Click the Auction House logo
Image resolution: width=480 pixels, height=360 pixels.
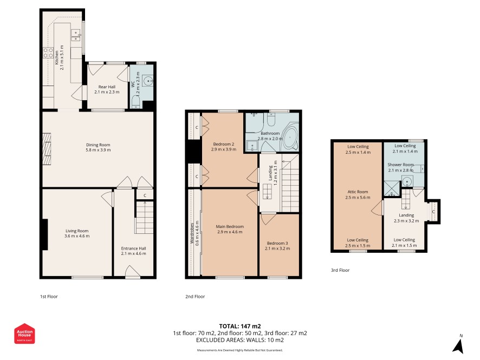[24, 333]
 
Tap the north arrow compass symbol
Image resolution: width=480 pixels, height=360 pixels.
[458, 345]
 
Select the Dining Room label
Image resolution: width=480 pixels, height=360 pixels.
[98, 145]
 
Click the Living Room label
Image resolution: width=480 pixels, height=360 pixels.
[77, 231]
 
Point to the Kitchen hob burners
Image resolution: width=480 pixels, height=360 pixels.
[48, 53]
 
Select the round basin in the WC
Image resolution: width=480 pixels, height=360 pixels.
[149, 81]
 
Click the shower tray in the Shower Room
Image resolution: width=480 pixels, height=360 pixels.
[392, 189]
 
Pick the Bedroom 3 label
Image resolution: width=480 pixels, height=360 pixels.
[277, 243]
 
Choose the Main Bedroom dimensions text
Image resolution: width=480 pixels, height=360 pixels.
[230, 232]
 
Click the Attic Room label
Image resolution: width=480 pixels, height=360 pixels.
[358, 192]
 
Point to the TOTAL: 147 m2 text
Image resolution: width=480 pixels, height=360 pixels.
[240, 326]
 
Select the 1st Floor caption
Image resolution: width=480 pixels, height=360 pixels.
[49, 296]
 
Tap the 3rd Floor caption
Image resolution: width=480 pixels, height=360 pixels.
[340, 270]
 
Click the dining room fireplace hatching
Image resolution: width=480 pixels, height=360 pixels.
[47, 149]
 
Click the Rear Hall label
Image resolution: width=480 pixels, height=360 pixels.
[107, 87]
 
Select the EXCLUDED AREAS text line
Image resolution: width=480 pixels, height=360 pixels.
[240, 340]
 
